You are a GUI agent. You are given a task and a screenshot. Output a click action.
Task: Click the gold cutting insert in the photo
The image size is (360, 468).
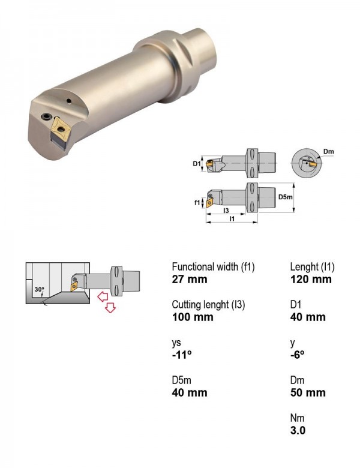(61, 128)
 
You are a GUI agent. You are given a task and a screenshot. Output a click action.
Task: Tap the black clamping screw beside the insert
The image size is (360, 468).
(47, 117)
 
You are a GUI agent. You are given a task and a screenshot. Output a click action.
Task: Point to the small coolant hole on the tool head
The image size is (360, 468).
(69, 101)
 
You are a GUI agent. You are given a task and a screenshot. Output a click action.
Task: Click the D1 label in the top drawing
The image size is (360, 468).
(196, 163)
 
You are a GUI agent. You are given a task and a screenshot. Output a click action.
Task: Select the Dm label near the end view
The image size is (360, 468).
(328, 152)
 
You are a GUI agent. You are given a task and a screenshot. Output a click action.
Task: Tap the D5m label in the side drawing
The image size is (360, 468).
(286, 197)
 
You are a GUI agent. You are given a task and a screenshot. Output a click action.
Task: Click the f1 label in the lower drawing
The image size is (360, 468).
(197, 203)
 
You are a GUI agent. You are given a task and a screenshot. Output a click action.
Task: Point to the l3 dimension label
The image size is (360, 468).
(226, 211)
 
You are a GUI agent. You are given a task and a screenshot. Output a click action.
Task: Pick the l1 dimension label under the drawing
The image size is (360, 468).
(232, 219)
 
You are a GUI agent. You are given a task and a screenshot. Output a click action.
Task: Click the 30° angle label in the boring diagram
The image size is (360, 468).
(39, 289)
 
